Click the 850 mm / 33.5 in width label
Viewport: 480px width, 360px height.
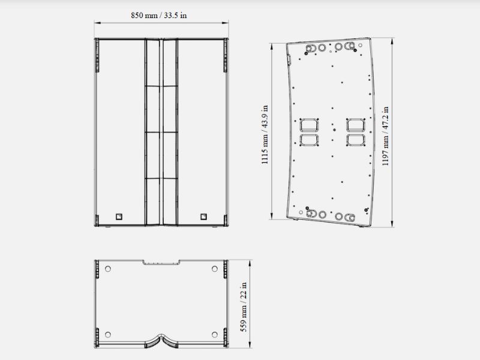coord(159,16)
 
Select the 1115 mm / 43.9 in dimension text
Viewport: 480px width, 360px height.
coord(265,134)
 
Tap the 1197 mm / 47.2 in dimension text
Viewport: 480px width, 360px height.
coord(385,136)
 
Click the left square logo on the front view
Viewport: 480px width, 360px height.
coord(119,217)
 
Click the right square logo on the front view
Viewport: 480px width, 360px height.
coord(203,217)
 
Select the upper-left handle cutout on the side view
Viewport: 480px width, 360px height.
coord(309,125)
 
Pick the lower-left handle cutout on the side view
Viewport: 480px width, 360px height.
coord(309,140)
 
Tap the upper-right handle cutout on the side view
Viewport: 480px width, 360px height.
coord(356,125)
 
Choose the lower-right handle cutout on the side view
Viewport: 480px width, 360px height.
coord(356,140)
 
